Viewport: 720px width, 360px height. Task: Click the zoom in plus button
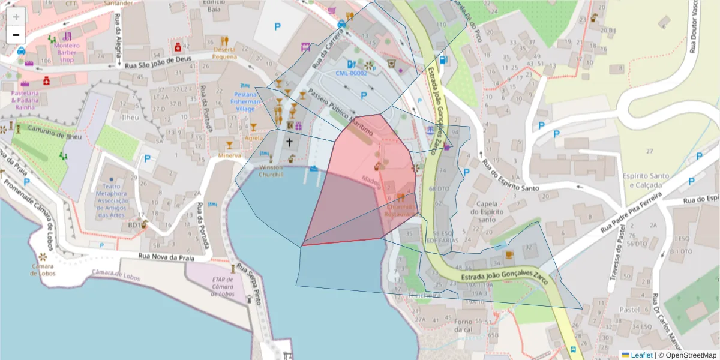pyautogui.click(x=16, y=17)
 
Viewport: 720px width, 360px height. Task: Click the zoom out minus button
pyautogui.click(x=16, y=35)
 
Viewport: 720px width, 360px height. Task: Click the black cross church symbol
pyautogui.click(x=290, y=142)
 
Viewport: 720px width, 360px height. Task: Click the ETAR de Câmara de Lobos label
pyautogui.click(x=222, y=286)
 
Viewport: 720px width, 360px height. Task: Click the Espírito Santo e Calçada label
pyautogui.click(x=645, y=180)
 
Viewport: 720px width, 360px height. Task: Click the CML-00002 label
pyautogui.click(x=351, y=73)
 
